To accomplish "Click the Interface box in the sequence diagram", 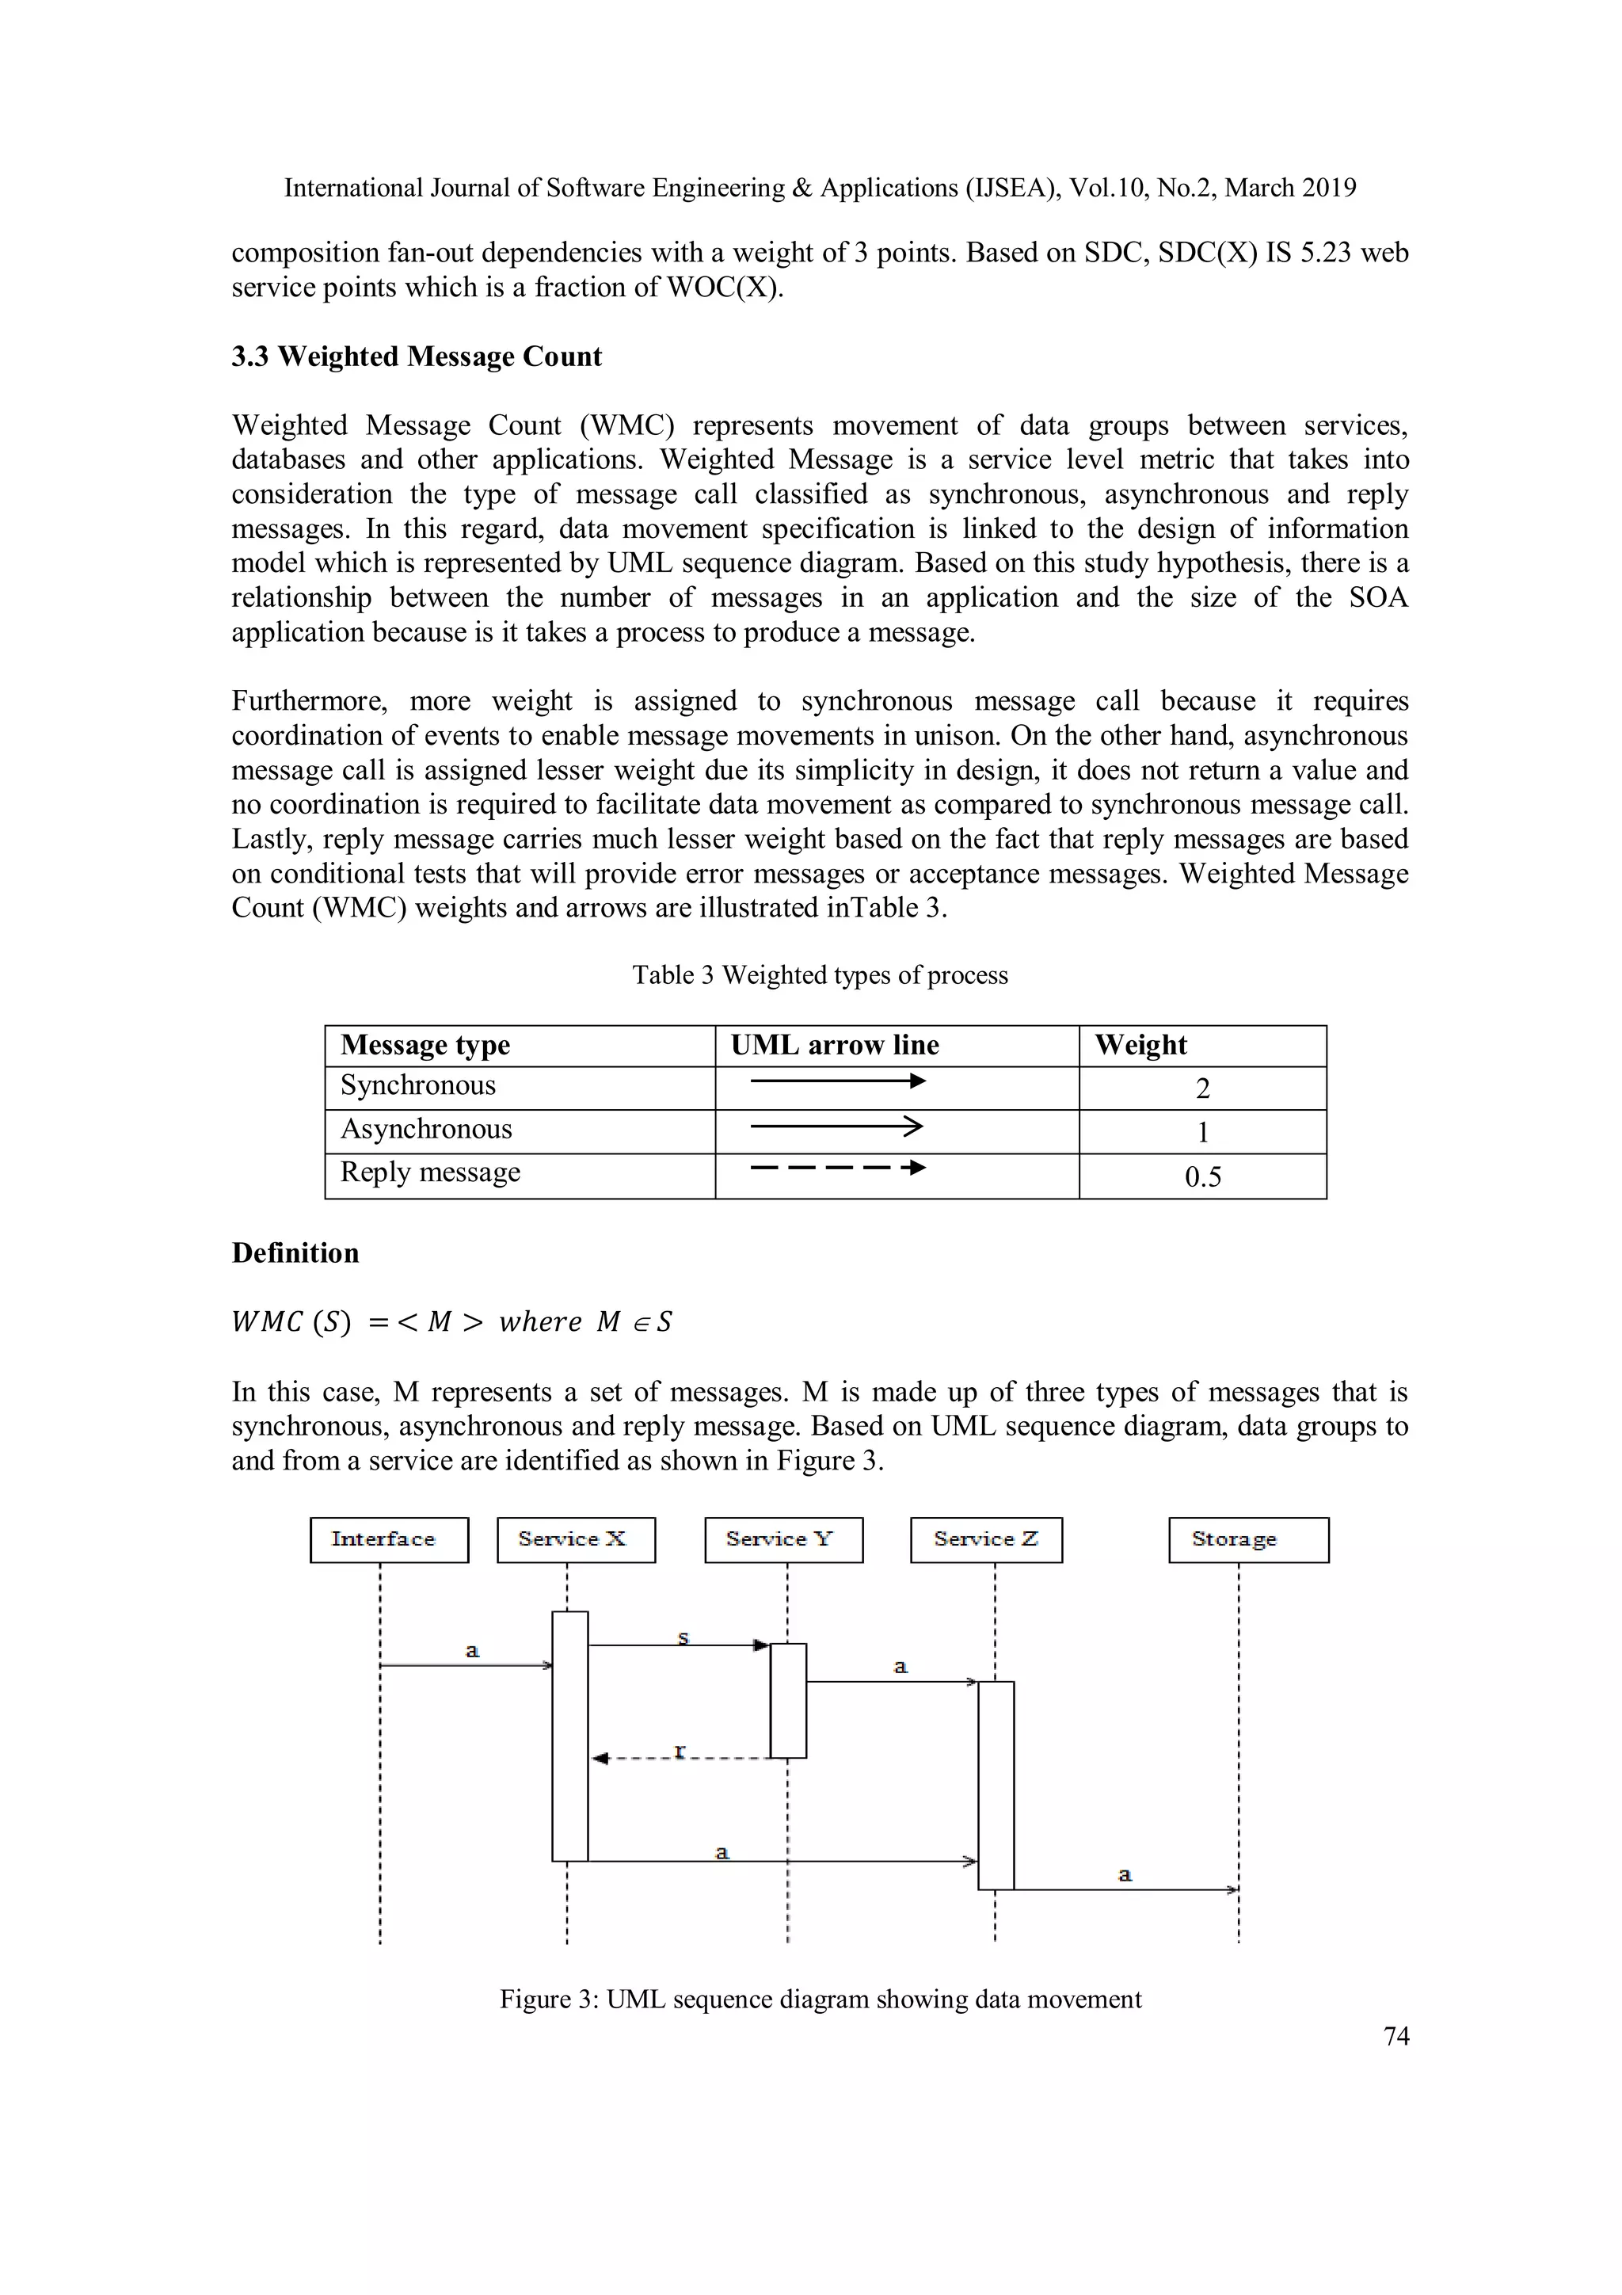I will coord(389,1539).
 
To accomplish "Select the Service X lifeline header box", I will coord(576,1539).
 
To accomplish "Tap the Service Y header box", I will coord(782,1539).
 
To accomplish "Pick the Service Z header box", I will coord(985,1539).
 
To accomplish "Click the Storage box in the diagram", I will coord(1247,1539).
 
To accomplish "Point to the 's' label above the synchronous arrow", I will coord(683,1637).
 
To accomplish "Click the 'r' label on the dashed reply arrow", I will coord(680,1749).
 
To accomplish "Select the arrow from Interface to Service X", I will coord(466,1665).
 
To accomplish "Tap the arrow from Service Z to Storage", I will coord(1125,1889).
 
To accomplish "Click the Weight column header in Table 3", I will coord(1140,1046).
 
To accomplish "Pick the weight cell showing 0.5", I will coord(1202,1176).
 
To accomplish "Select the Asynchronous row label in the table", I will coord(426,1130).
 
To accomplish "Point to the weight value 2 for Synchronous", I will coord(1202,1088).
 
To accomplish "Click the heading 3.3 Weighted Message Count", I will coord(417,356).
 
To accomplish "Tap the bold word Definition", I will coord(295,1253).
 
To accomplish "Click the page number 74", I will coord(1395,2036).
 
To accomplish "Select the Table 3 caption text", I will coord(820,975).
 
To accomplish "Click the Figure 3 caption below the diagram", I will coord(820,2000).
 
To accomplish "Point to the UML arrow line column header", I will coord(835,1046).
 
